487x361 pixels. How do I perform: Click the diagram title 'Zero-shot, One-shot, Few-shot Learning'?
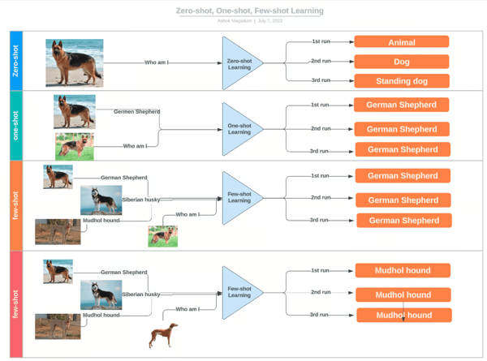(x=249, y=11)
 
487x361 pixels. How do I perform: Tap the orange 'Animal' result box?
(x=401, y=41)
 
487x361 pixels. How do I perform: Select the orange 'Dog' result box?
(x=401, y=62)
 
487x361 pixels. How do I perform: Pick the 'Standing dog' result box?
(x=401, y=81)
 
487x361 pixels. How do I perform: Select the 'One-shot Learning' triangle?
(x=242, y=128)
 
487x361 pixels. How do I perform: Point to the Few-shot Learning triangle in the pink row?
(x=242, y=292)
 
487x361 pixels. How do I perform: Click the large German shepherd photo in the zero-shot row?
(x=74, y=62)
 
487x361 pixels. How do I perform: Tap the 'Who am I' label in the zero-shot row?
(x=157, y=62)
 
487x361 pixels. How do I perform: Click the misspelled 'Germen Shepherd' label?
(x=136, y=111)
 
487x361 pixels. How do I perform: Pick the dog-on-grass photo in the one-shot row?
(x=75, y=146)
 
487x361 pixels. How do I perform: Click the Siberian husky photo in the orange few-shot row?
(x=101, y=200)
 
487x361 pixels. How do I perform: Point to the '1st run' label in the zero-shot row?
(x=321, y=40)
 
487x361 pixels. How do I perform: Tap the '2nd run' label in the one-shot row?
(x=320, y=128)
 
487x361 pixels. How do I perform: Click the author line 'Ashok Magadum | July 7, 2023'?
(x=249, y=21)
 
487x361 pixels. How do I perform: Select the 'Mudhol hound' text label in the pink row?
(x=101, y=315)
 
